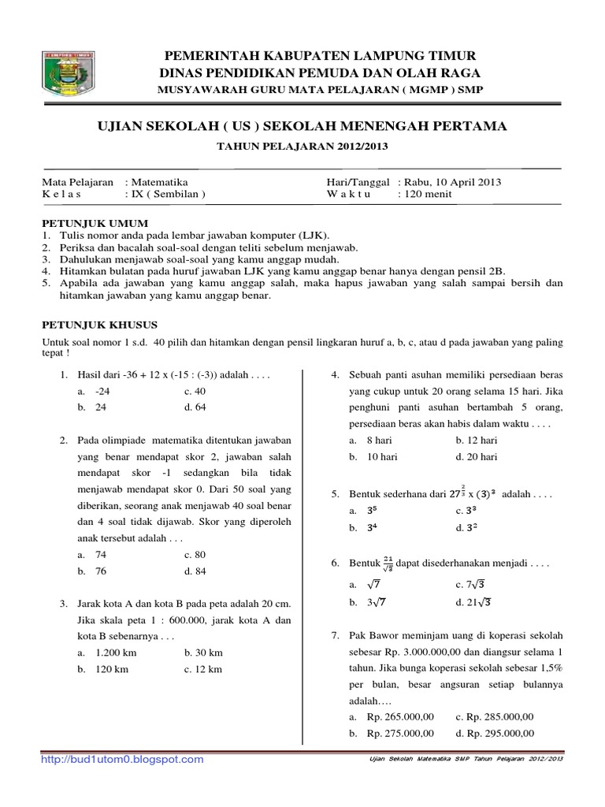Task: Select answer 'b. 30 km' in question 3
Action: [203, 653]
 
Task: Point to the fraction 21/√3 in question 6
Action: [388, 565]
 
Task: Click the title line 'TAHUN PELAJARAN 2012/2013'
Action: [302, 146]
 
